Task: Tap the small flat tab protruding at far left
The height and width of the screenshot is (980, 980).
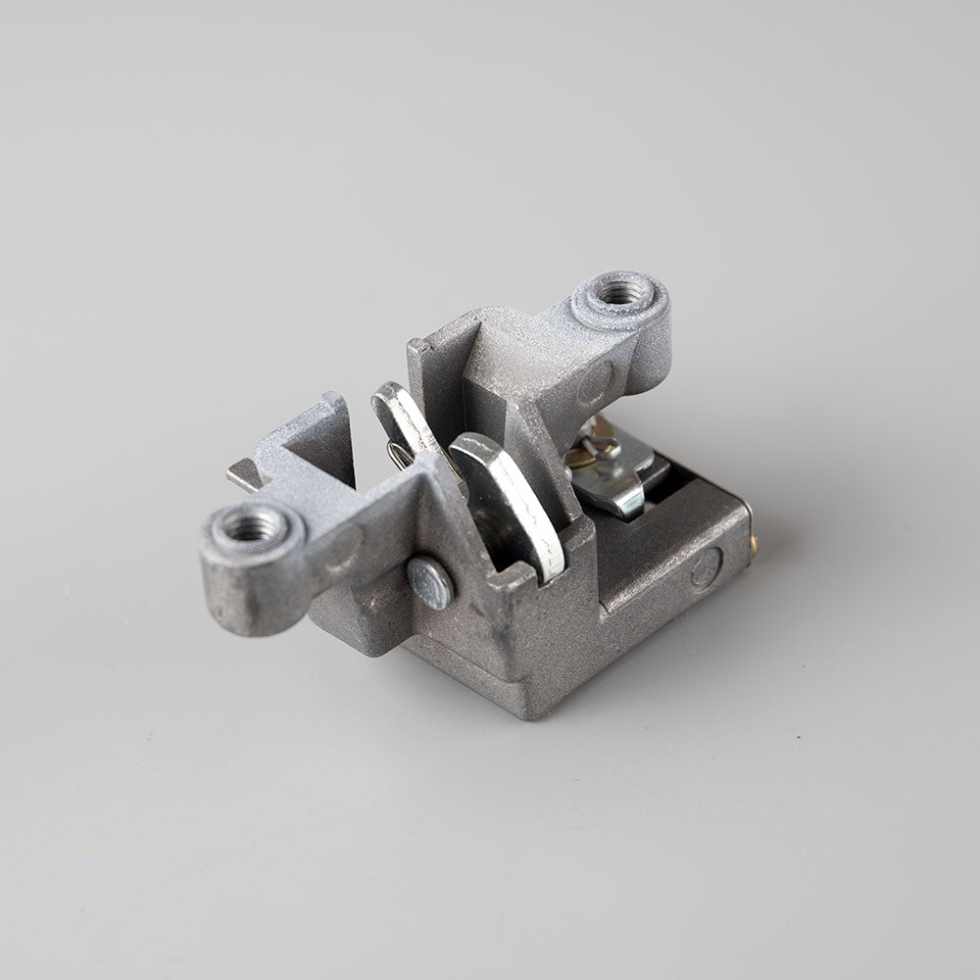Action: [x=242, y=474]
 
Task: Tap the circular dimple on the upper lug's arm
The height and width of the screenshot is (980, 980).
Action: [x=595, y=382]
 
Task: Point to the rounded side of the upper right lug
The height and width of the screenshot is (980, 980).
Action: [x=652, y=343]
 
